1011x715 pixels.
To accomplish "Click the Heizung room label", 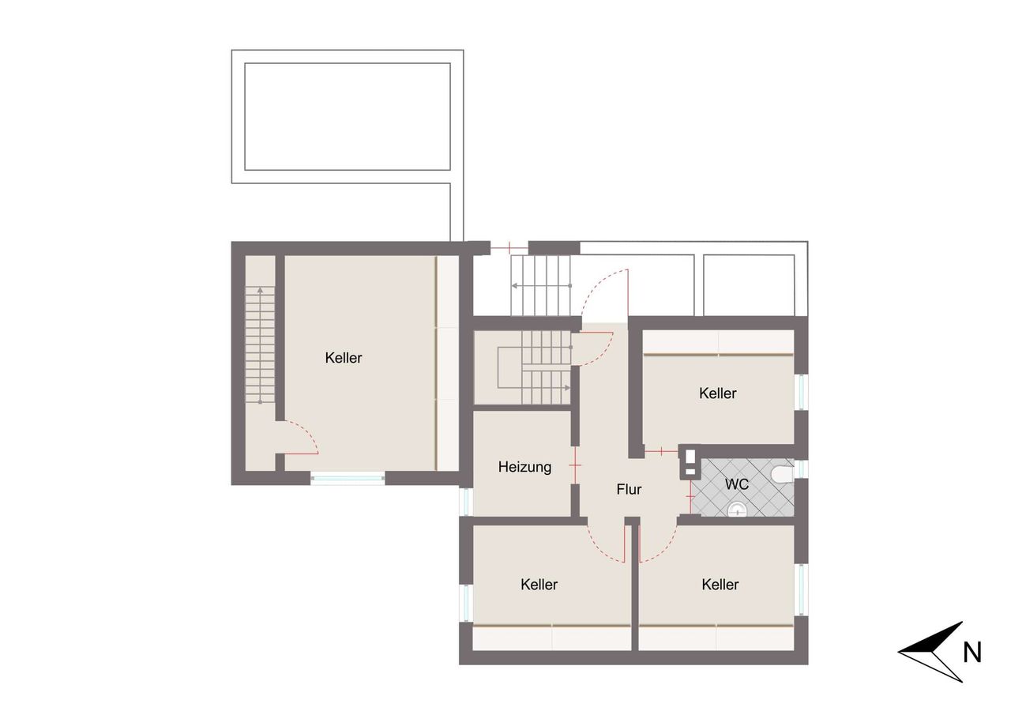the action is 524,467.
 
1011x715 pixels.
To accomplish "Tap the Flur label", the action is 629,489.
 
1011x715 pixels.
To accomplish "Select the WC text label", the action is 737,484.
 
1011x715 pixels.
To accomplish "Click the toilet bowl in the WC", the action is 782,474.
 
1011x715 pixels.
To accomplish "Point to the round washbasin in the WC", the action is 738,510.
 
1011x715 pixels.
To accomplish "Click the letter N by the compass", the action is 972,653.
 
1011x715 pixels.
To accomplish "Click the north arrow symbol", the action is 931,652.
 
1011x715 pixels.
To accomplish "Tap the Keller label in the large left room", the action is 344,358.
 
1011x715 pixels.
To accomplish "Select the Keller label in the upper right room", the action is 718,393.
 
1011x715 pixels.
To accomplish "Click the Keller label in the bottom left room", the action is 539,585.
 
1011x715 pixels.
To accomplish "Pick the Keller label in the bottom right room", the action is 720,585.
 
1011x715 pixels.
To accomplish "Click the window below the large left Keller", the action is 348,478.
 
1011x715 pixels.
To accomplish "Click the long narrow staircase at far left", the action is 260,345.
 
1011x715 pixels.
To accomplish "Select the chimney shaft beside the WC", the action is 690,462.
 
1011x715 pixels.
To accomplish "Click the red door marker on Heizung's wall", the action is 576,465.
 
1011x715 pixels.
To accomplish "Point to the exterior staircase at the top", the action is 541,285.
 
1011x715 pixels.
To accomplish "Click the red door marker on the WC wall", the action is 690,496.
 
